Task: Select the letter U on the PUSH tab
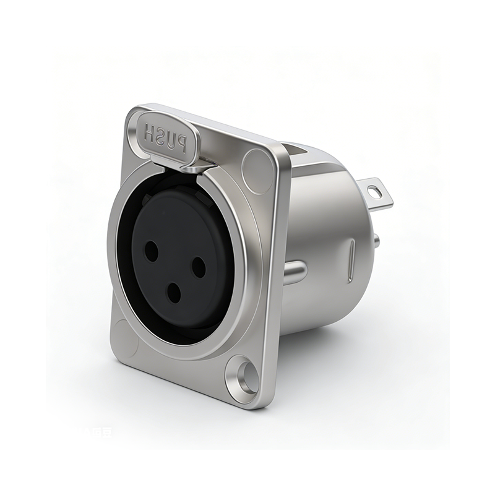point(171,139)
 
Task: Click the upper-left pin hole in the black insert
point(151,250)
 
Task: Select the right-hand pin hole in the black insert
point(198,267)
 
